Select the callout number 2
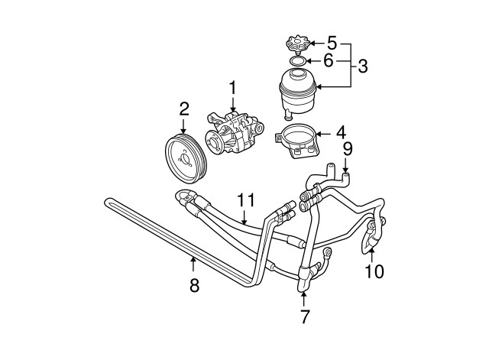[x=183, y=110]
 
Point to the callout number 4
[x=341, y=134]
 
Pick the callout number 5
[x=332, y=41]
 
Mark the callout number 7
[x=304, y=315]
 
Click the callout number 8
[x=193, y=284]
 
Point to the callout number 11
[x=244, y=200]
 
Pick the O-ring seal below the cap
[x=299, y=60]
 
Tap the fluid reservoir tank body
[x=300, y=89]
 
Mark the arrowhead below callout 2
[x=183, y=133]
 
